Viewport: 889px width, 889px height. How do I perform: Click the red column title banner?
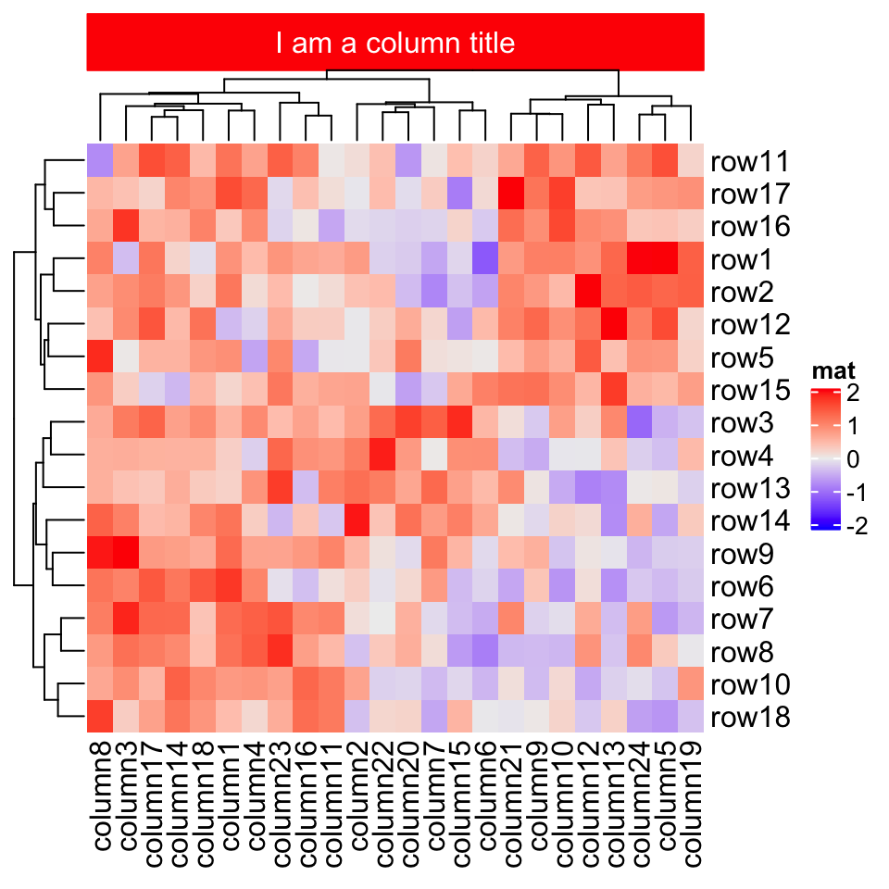coord(395,43)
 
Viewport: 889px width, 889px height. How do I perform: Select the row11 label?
coord(750,162)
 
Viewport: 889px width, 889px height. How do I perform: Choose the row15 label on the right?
coord(750,391)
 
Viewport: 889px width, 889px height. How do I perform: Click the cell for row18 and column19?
coord(692,717)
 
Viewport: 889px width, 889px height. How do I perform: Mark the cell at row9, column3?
coord(126,554)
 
